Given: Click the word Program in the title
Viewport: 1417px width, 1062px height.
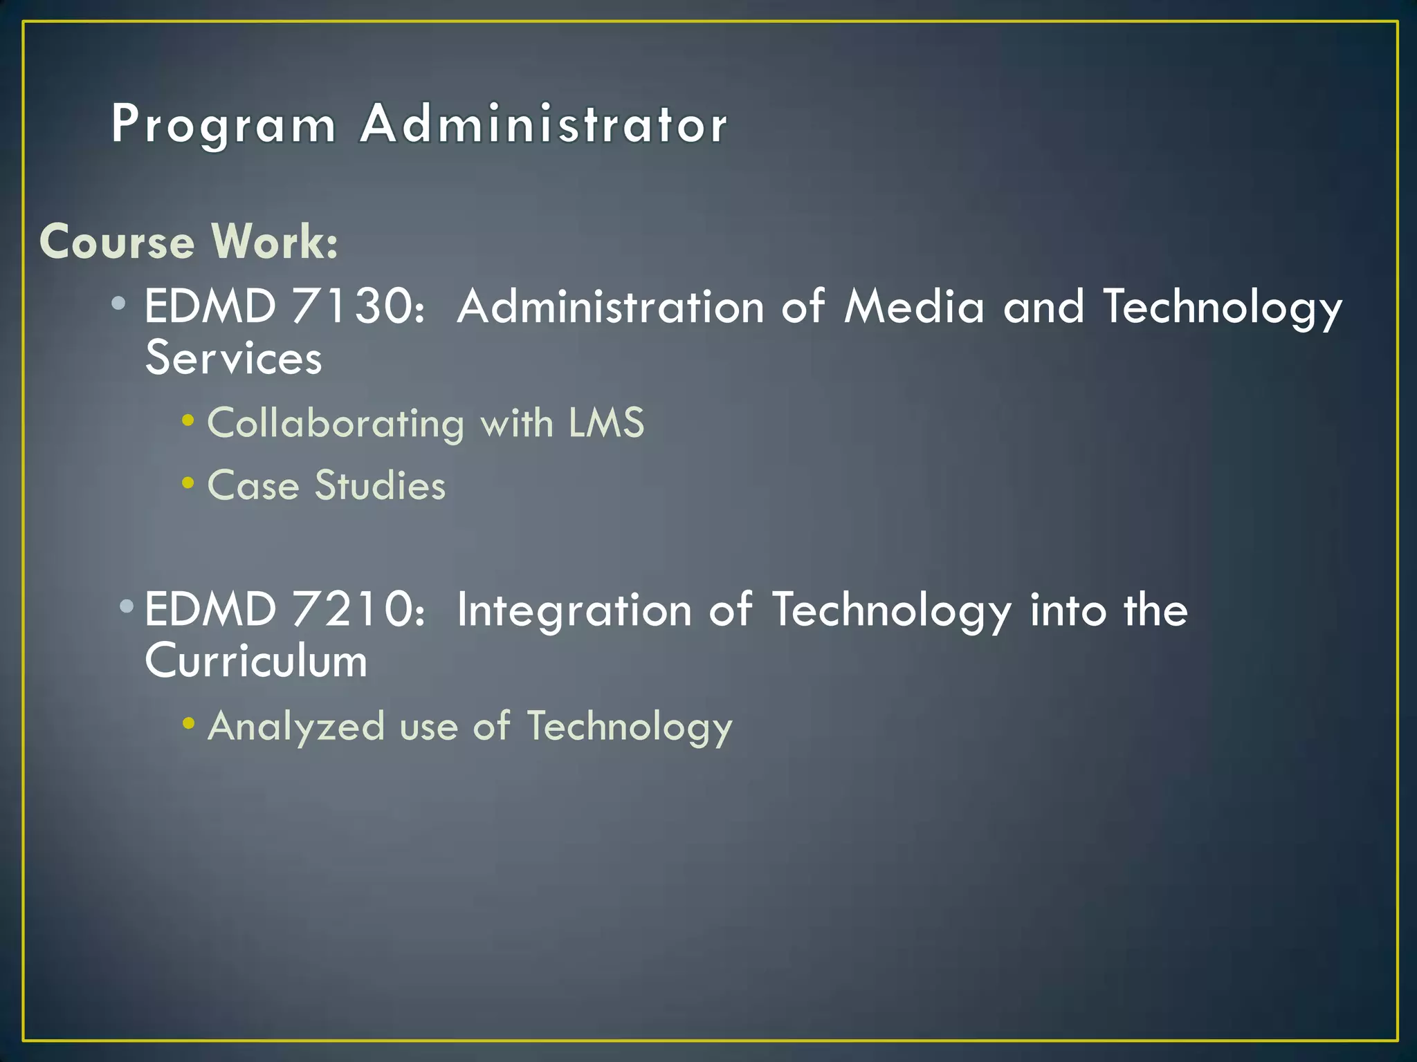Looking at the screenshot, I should (x=223, y=125).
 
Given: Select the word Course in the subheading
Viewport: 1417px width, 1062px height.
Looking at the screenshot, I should (x=117, y=242).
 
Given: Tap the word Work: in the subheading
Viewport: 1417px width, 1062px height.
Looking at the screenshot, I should (x=275, y=241).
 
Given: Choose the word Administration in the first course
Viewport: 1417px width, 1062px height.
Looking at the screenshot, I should (x=610, y=306).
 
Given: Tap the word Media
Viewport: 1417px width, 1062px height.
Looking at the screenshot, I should (x=914, y=306).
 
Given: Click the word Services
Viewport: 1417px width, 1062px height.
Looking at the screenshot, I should (x=234, y=358).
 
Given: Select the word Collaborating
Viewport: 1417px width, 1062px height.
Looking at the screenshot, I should (x=336, y=423).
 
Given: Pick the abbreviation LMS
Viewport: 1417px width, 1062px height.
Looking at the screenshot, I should (x=606, y=422).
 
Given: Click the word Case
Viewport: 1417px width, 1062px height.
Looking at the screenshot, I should (x=253, y=485).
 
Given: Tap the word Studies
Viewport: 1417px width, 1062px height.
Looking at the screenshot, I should (x=381, y=485).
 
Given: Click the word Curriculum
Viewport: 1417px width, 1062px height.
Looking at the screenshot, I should (x=256, y=661).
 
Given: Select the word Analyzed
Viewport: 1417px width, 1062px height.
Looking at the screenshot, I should (x=296, y=727).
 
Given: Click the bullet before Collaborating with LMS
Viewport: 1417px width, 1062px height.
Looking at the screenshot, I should (x=188, y=420).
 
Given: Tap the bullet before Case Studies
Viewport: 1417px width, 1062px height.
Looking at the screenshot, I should (x=188, y=483).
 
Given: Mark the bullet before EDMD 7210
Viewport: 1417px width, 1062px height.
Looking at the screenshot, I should (x=127, y=606).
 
